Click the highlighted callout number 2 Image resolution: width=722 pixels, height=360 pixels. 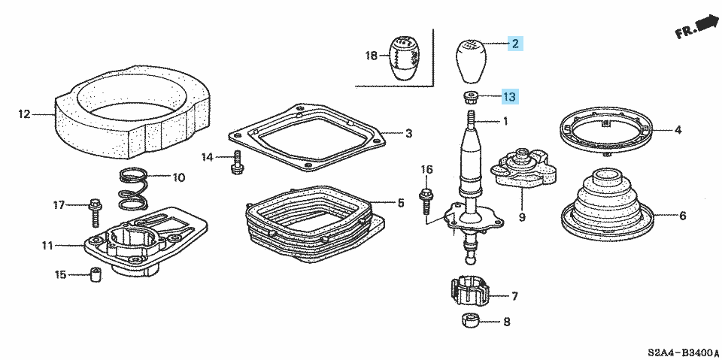point(515,44)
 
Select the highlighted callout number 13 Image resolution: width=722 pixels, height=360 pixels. point(509,97)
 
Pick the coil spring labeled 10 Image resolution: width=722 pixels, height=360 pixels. point(135,190)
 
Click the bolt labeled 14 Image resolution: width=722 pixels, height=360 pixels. point(238,162)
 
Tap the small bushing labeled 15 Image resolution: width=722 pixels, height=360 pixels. point(96,275)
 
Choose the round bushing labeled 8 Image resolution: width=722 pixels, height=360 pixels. point(471,322)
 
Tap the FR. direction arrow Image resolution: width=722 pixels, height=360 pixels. point(696,29)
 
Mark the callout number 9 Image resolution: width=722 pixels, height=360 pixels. point(521,218)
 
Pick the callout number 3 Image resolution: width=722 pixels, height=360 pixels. point(408,134)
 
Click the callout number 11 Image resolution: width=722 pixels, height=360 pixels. point(47,245)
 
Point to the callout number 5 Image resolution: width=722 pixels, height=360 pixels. point(401,203)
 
